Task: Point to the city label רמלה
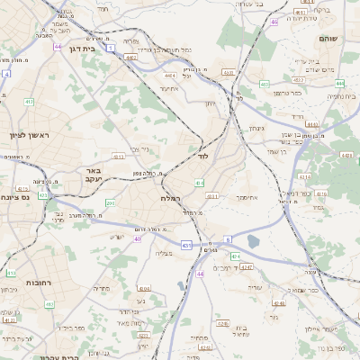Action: pyautogui.click(x=171, y=197)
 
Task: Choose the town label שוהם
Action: pyautogui.click(x=328, y=40)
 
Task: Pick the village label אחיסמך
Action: pyautogui.click(x=247, y=195)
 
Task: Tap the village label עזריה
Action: pyautogui.click(x=255, y=286)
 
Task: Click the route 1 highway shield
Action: pyautogui.click(x=110, y=48)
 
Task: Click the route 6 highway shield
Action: pyautogui.click(x=229, y=239)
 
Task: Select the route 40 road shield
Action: pyautogui.click(x=138, y=238)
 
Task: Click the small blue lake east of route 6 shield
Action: pyautogui.click(x=253, y=241)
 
